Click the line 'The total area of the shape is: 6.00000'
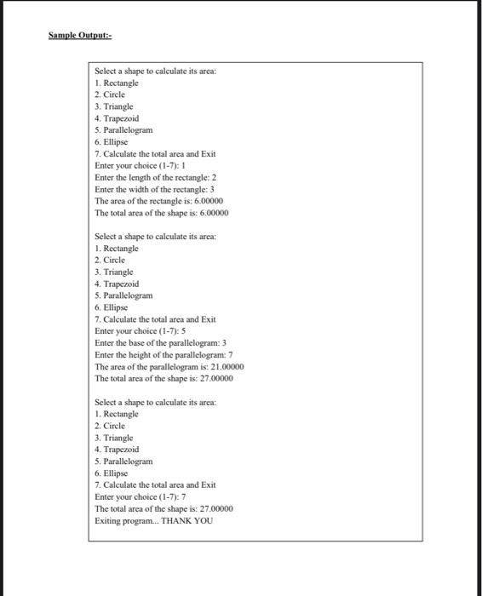coord(161,213)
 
